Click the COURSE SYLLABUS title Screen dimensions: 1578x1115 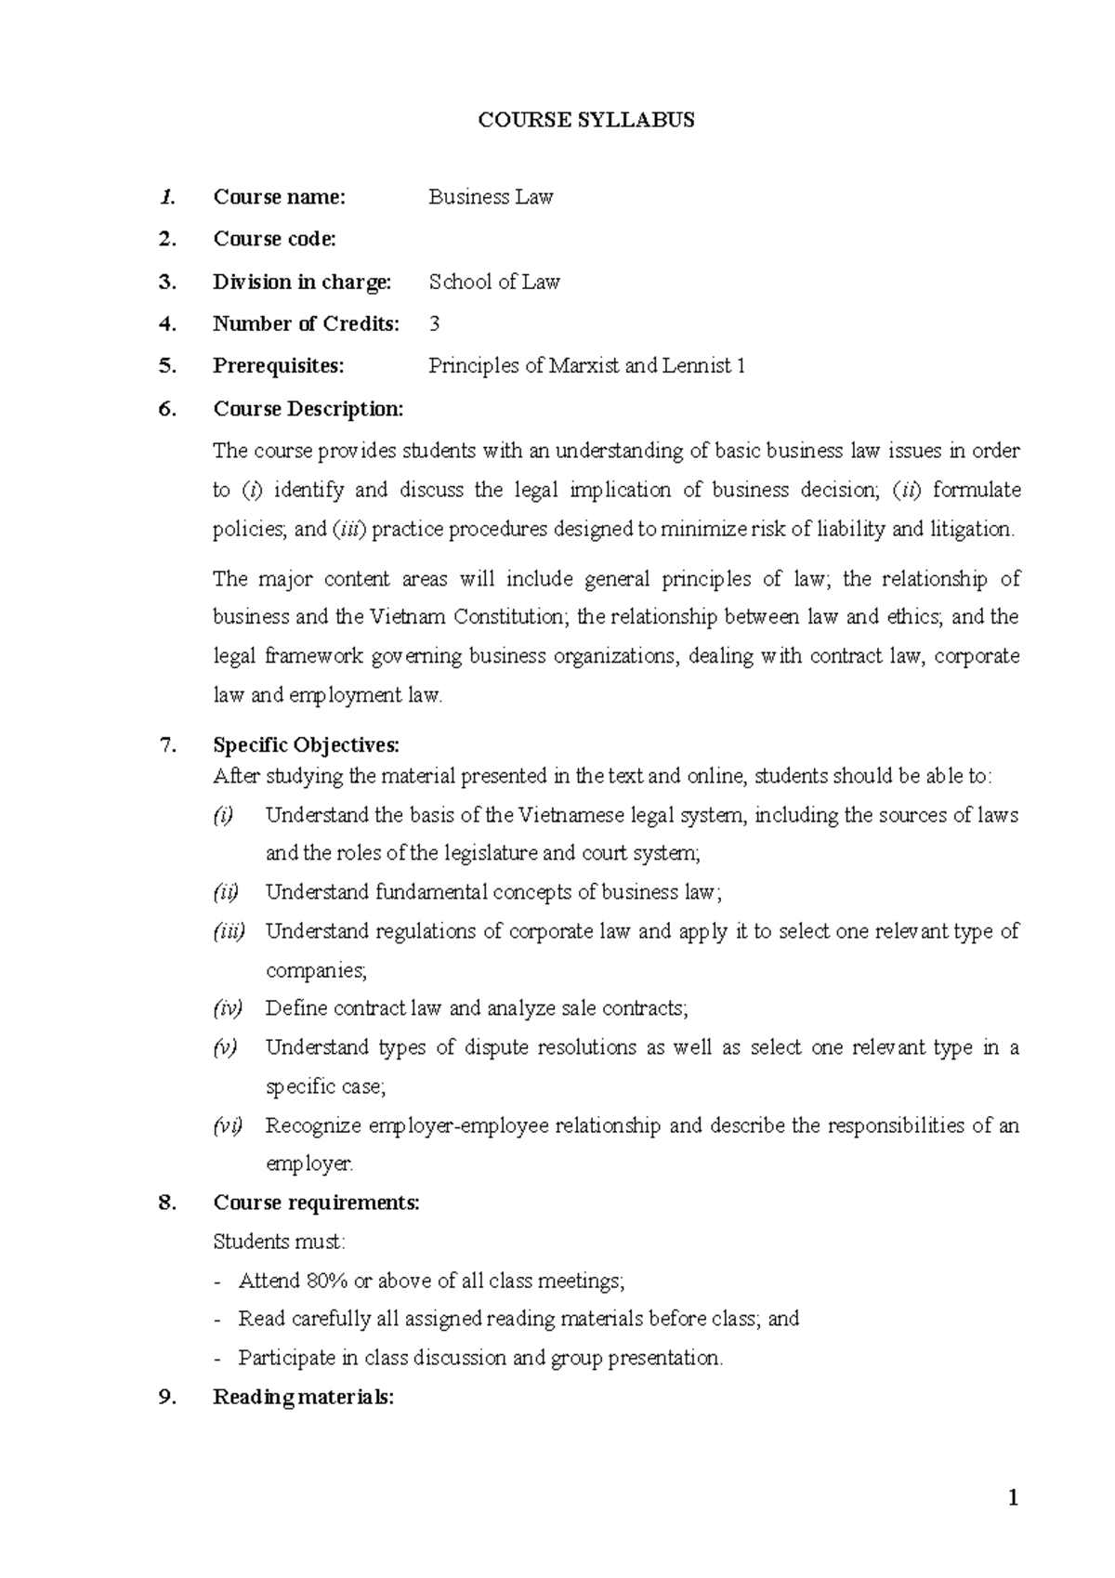[585, 120]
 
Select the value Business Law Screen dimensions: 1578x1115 [490, 197]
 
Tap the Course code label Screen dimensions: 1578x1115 [274, 239]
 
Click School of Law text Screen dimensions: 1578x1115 [493, 282]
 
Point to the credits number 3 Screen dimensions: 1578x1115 [434, 324]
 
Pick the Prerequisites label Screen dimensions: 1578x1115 [278, 366]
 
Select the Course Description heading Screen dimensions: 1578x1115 [308, 409]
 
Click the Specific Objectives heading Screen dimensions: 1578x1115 [306, 745]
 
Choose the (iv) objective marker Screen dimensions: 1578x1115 [228, 1008]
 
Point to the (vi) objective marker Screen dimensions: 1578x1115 [228, 1125]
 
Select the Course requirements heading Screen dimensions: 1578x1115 [316, 1203]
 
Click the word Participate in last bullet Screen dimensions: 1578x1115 [285, 1358]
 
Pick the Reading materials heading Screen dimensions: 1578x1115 [303, 1397]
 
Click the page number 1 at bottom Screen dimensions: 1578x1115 [1013, 1498]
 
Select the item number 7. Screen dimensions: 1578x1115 [167, 745]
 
